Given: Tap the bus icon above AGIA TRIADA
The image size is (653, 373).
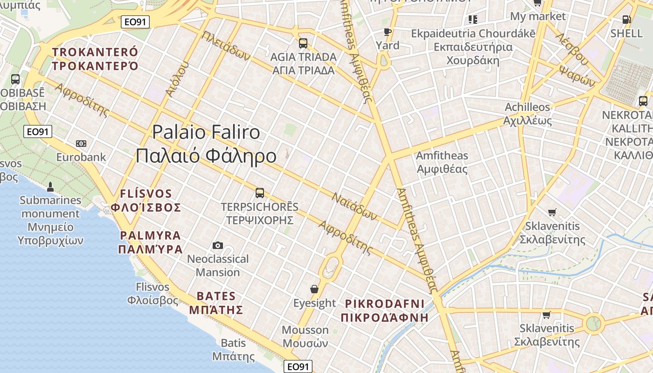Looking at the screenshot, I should pos(303,43).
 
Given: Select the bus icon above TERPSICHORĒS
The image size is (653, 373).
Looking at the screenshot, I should pos(260,193).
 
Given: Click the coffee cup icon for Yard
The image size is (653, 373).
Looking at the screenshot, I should pos(387,32).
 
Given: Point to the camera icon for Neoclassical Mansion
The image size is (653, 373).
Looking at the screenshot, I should pos(217,245).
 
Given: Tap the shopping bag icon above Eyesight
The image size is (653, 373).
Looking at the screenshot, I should pos(314,289).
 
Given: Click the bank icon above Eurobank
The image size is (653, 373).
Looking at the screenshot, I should pos(81,143).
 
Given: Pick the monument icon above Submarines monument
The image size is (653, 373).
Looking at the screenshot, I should pos(50,187).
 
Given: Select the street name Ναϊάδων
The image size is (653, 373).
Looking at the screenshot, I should pos(354,207).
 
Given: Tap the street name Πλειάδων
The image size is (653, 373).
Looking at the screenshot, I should pos(226,46).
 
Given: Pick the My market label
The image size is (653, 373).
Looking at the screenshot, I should pos(538,16).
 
